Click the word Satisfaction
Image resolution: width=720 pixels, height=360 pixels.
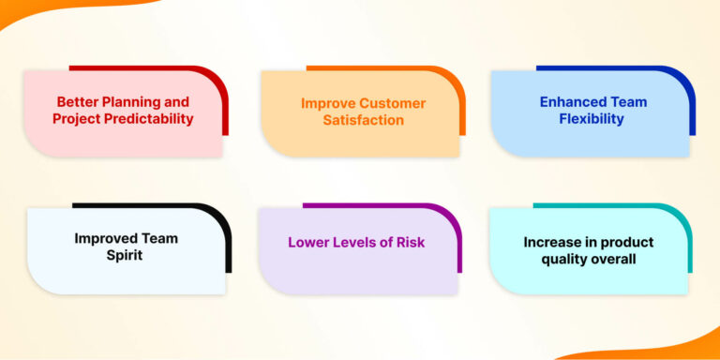364,120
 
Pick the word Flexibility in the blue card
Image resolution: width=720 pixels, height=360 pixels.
592,119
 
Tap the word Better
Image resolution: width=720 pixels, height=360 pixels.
78,102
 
